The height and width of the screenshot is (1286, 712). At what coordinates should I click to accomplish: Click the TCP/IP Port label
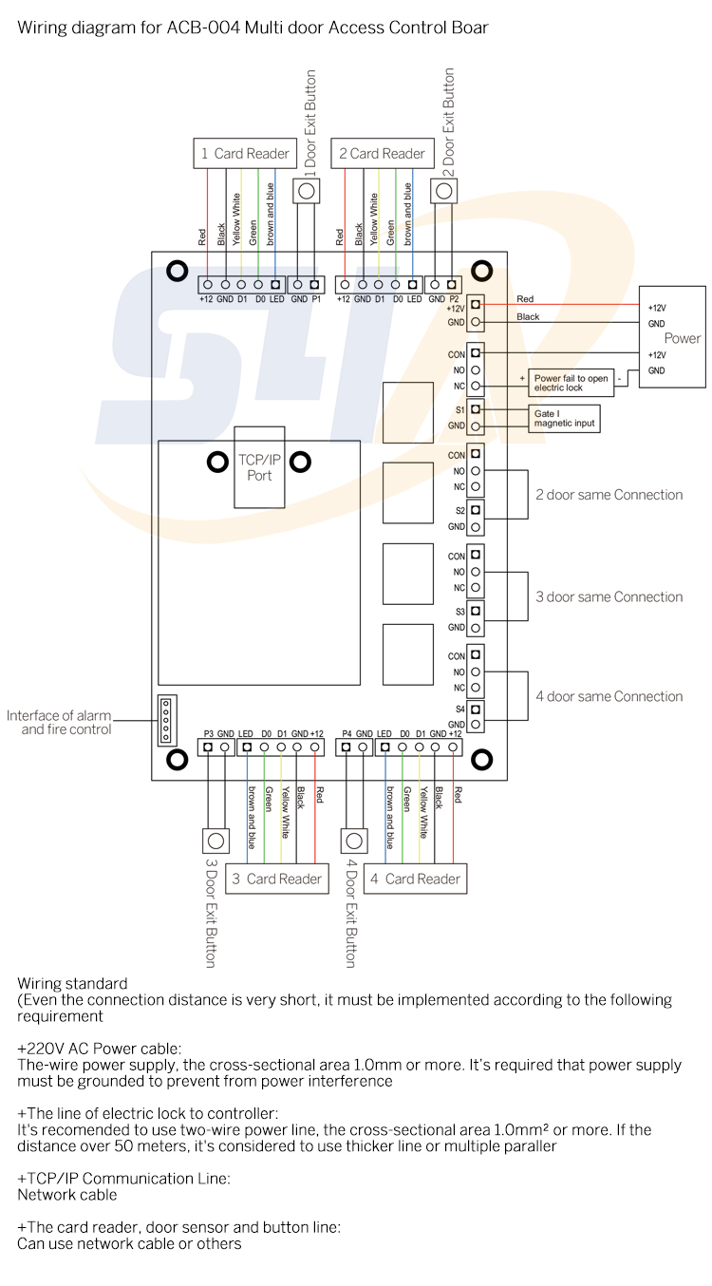click(x=259, y=467)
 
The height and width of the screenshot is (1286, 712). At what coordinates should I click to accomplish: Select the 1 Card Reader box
click(x=245, y=154)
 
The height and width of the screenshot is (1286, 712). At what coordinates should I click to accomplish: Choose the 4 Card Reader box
click(x=415, y=879)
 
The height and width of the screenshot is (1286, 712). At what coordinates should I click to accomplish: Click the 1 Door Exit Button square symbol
click(x=306, y=191)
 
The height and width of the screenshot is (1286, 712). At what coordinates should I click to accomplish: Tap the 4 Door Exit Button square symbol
click(x=354, y=841)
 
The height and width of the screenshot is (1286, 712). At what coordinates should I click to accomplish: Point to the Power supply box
click(x=672, y=336)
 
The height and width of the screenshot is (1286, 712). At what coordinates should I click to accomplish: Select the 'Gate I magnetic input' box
click(x=565, y=418)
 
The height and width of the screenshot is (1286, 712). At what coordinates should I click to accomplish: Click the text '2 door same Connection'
click(x=609, y=495)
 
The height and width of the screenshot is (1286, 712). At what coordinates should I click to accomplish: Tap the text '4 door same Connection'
click(x=609, y=696)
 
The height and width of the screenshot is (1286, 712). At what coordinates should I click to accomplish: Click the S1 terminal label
click(x=459, y=410)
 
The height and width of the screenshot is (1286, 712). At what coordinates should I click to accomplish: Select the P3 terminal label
click(x=209, y=733)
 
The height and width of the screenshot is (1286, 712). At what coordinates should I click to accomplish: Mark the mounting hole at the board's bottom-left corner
click(x=177, y=759)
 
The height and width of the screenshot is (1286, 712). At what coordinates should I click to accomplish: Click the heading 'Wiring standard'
click(x=72, y=983)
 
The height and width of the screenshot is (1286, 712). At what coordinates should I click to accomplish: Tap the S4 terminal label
click(x=459, y=709)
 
